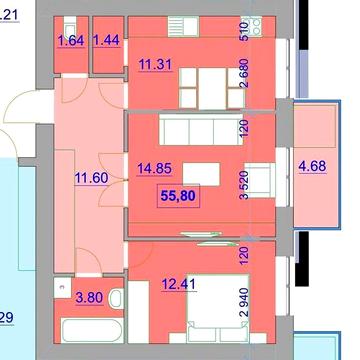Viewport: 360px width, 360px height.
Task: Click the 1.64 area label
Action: pyautogui.click(x=70, y=41)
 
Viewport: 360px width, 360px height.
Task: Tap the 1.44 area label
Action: pyautogui.click(x=106, y=41)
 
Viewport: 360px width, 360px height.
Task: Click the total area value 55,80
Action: pyautogui.click(x=178, y=197)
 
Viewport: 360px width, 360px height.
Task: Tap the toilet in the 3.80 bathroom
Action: pyautogui.click(x=116, y=297)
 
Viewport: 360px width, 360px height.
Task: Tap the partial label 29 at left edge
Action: pyautogui.click(x=6, y=319)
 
